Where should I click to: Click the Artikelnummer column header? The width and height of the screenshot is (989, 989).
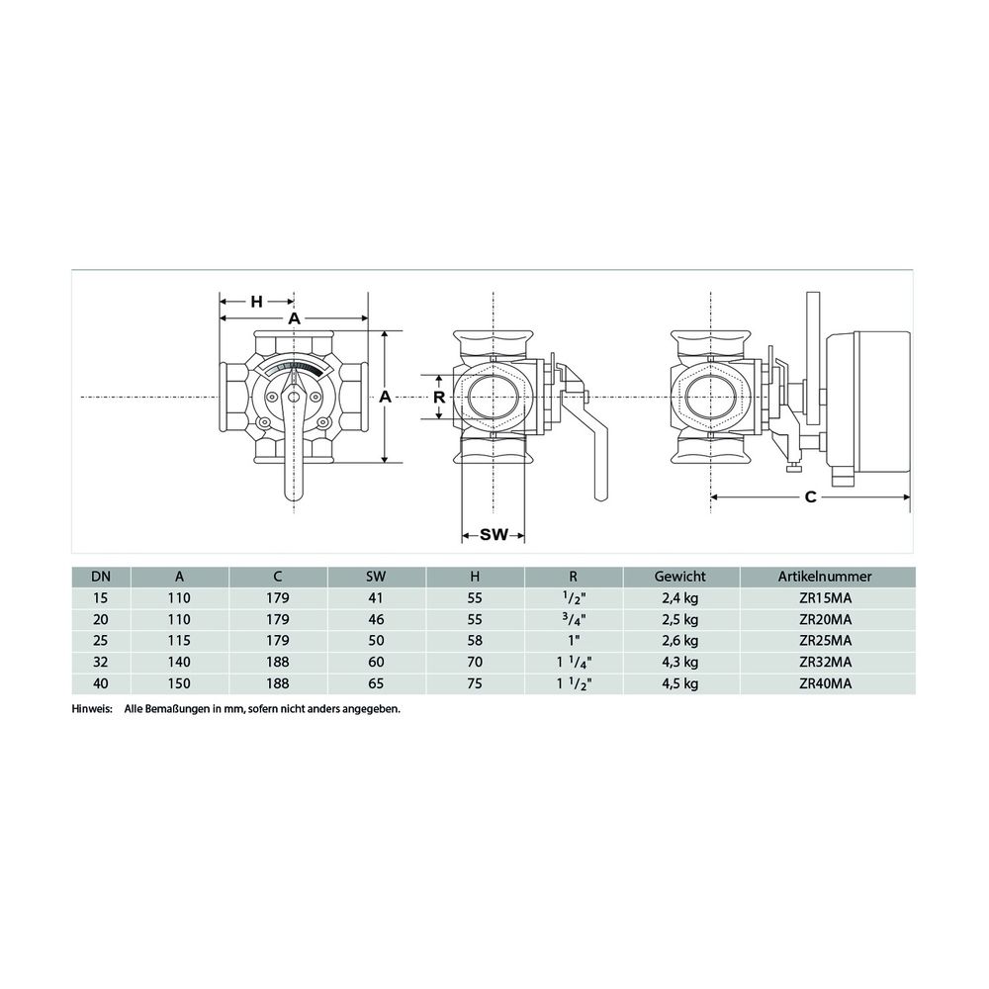825,577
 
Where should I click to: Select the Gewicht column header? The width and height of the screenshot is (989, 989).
680,577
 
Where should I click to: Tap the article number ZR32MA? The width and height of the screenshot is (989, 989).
825,663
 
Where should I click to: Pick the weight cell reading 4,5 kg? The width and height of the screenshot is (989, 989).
680,683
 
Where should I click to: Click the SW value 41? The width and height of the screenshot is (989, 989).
376,598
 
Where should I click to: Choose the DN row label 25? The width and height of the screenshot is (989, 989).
100,641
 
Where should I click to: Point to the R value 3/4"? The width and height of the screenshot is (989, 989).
574,620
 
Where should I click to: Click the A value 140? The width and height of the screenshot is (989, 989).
179,663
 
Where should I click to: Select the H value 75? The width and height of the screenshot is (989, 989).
475,683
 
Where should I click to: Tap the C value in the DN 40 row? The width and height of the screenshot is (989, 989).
278,683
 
